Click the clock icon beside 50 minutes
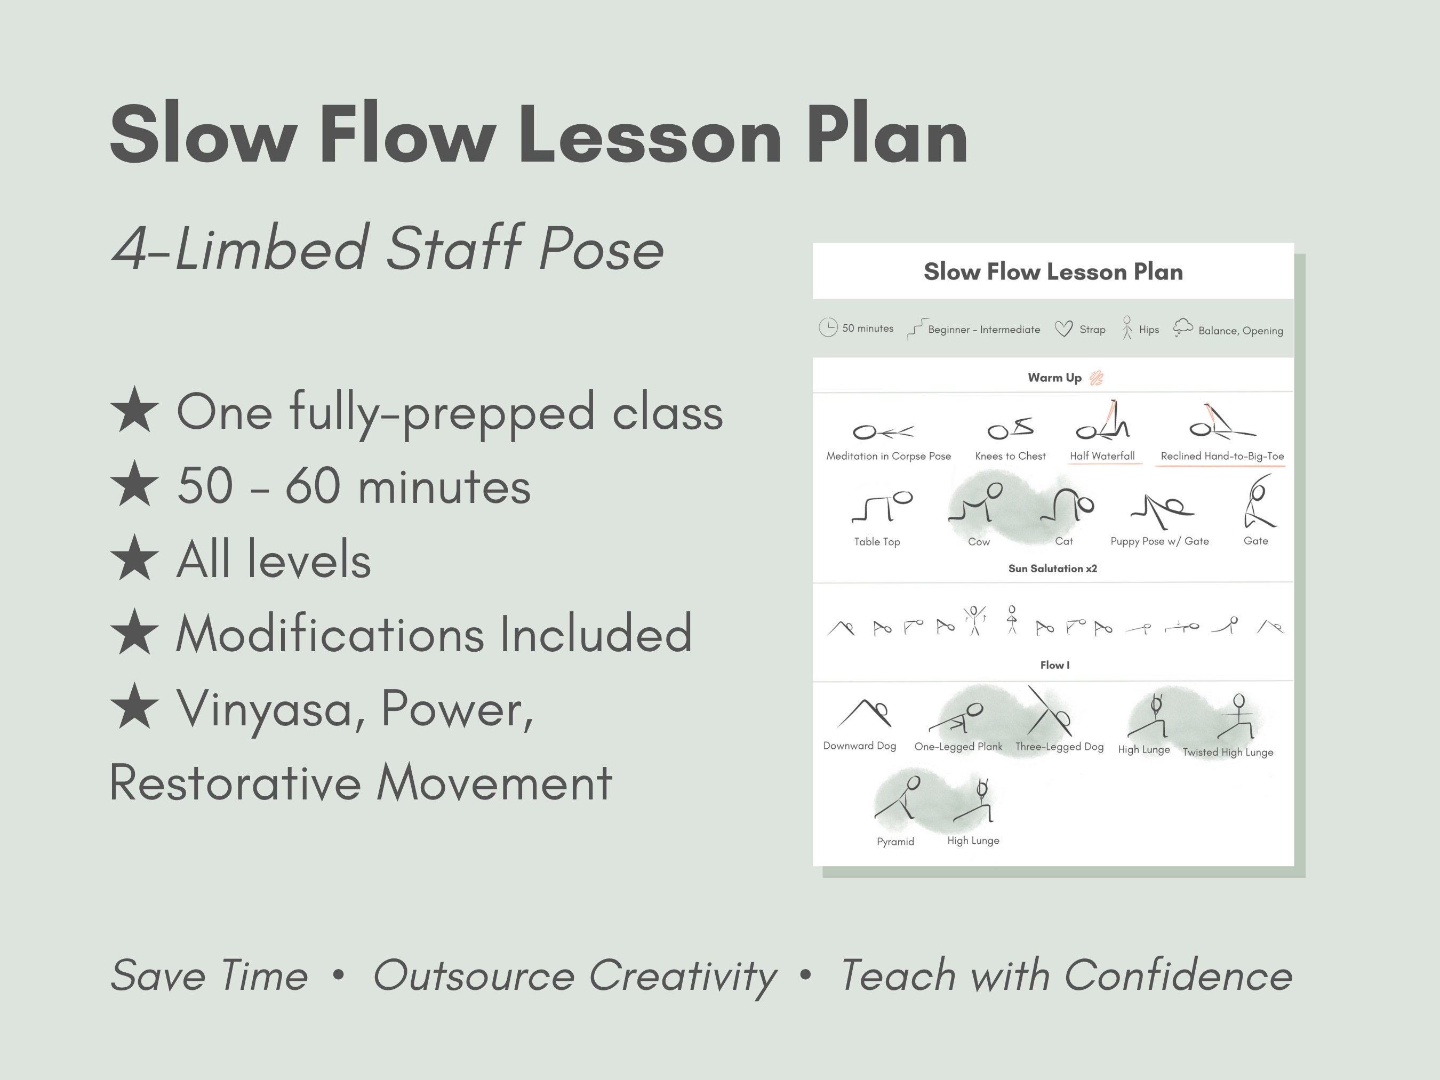coord(827,327)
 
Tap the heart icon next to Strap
coord(1063,329)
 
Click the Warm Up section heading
coord(1054,378)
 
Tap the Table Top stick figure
coord(882,507)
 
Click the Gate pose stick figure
coord(1258,502)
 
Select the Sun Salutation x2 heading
coord(1052,569)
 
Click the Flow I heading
coord(1054,665)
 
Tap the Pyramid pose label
coord(895,841)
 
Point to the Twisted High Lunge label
coord(1227,752)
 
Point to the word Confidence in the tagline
coord(1178,975)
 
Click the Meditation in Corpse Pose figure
coord(883,431)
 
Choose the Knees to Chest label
coord(1010,455)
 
